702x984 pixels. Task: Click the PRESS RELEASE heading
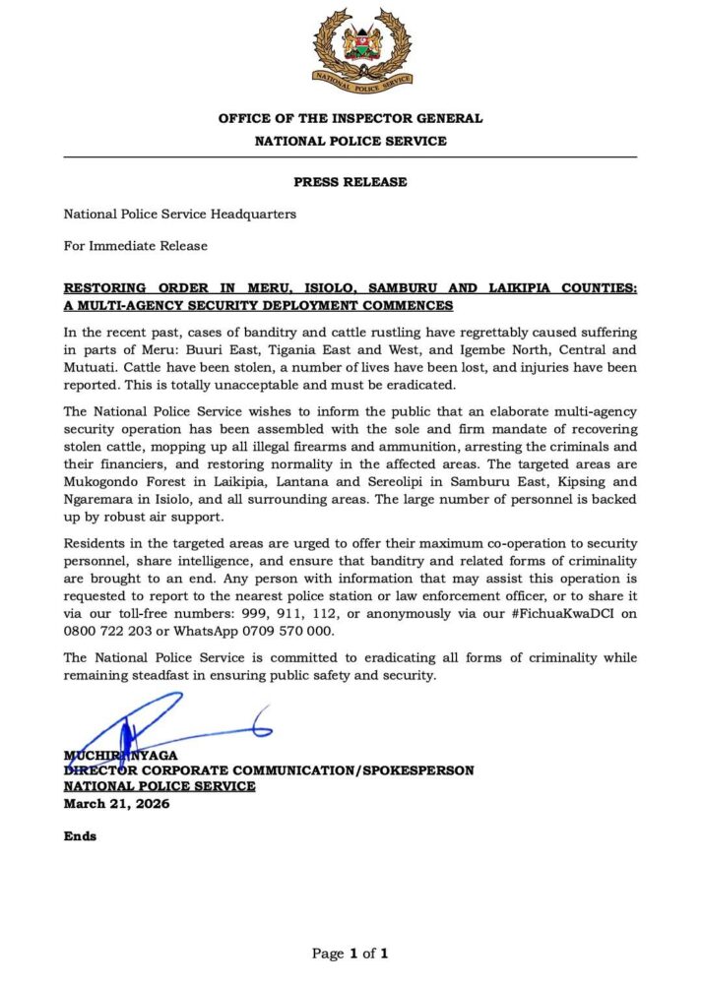point(350,182)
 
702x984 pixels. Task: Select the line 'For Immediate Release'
point(136,245)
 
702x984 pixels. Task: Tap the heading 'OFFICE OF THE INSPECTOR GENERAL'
point(350,119)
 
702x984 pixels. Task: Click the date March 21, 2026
point(116,803)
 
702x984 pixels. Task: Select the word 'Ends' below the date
point(81,836)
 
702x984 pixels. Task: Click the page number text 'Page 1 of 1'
point(350,953)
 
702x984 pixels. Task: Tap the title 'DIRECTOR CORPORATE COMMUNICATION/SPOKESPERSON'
point(269,770)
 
